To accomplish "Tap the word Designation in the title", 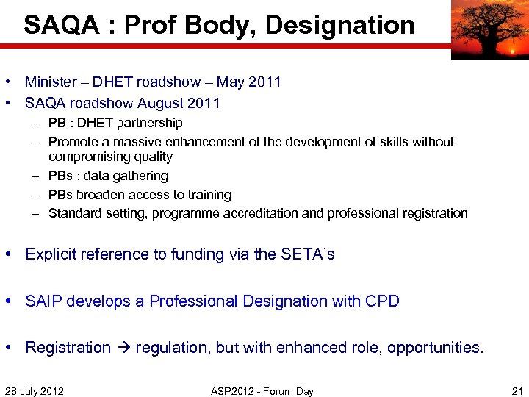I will tap(339, 26).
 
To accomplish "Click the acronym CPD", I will tap(382, 301).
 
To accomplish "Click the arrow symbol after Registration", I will tap(123, 348).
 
